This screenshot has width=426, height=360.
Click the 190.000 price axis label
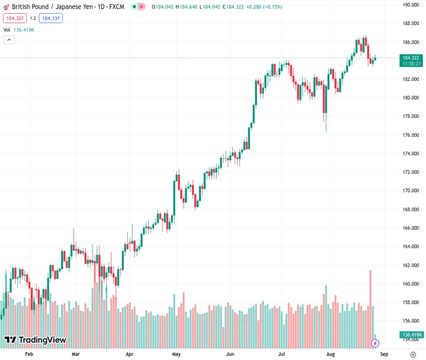pos(410,5)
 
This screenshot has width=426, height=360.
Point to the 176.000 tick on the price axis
pos(410,135)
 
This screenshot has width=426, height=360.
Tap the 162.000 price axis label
pos(410,265)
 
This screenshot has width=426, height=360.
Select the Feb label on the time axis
pos(28,354)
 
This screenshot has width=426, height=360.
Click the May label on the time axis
pos(176,354)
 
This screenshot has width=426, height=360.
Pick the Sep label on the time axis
pos(384,354)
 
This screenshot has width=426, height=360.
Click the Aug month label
pos(331,354)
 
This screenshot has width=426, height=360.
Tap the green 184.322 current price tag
pos(411,58)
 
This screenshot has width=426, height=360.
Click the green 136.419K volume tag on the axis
pos(411,335)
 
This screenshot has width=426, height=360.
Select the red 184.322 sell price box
pos(15,18)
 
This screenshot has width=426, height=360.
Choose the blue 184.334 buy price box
pos(51,18)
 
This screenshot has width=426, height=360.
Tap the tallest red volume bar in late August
pos(371,300)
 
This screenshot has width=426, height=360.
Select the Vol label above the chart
pos(7,29)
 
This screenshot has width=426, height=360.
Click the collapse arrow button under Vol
pos(9,40)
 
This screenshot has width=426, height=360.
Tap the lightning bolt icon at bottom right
pos(376,343)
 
